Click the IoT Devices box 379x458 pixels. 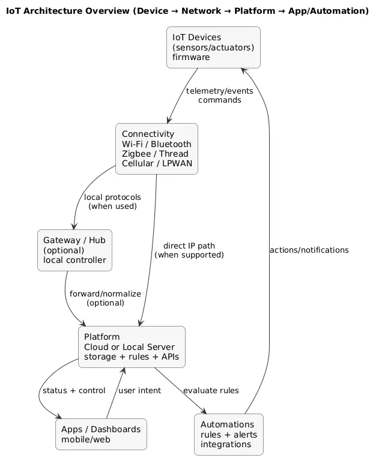click(213, 47)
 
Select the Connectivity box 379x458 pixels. click(156, 149)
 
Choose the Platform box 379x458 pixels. click(132, 347)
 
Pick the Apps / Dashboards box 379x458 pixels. click(101, 434)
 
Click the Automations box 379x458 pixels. click(229, 434)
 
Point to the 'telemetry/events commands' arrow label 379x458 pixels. click(219, 95)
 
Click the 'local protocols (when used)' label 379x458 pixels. click(112, 202)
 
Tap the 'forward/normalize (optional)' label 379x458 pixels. click(105, 298)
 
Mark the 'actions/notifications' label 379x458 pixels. click(309, 250)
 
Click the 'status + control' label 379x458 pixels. click(74, 391)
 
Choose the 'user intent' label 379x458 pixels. click(139, 391)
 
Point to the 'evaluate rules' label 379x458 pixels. click(211, 391)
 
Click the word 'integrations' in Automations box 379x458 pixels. click(225, 445)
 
